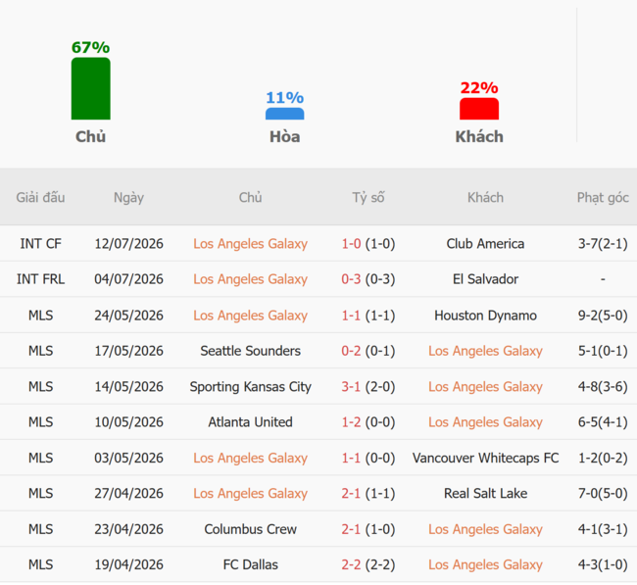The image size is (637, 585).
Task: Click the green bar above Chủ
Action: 90,88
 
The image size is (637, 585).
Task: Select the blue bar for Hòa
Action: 285,114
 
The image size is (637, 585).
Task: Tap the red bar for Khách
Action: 479,109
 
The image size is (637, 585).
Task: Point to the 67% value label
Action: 90,48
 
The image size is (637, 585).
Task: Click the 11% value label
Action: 285,98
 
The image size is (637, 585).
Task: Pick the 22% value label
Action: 479,88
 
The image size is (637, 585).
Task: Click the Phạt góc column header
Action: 603,197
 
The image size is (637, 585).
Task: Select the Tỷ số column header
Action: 368,197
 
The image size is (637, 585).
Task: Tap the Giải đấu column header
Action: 40,197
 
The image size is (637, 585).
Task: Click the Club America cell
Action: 485,244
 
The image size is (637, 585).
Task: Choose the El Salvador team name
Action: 485,279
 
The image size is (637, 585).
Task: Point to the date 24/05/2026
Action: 128,316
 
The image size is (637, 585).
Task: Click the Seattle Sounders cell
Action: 251,351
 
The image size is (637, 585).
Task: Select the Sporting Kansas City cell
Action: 251,387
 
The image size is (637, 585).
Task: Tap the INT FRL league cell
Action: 40,279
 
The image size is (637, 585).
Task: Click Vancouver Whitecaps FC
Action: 485,459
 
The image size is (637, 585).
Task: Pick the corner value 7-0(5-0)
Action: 603,494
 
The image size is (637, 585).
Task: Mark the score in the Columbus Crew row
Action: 368,529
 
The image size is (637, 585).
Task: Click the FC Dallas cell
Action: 251,564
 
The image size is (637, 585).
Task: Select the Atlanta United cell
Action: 251,422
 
